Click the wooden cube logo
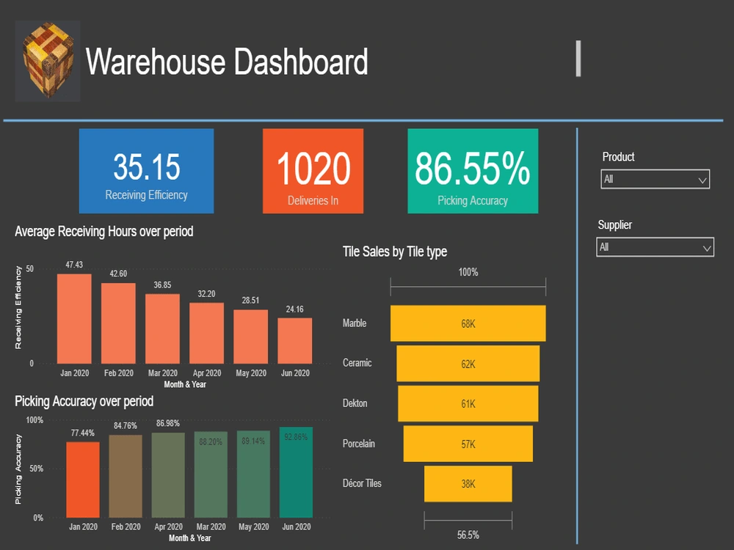click(48, 62)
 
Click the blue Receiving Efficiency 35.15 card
click(146, 171)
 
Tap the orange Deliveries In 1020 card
click(313, 171)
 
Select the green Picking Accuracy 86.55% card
click(473, 171)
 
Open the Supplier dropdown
click(655, 248)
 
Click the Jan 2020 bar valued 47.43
click(74, 319)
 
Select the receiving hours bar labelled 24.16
click(294, 341)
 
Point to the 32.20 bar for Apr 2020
click(206, 334)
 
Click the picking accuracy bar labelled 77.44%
click(83, 480)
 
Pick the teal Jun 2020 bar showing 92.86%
click(296, 473)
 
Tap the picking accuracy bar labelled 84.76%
click(126, 477)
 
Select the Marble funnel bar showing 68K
click(468, 323)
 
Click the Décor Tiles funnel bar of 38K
click(468, 484)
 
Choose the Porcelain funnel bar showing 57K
click(468, 444)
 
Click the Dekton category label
click(355, 403)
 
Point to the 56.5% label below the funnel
click(468, 535)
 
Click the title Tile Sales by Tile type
click(395, 252)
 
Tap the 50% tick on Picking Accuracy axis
click(35, 469)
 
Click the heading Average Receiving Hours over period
click(104, 232)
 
